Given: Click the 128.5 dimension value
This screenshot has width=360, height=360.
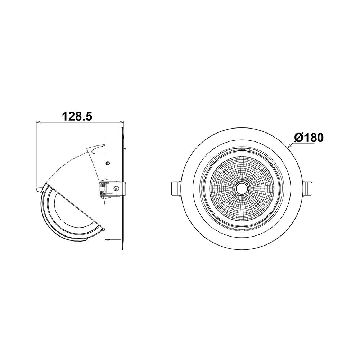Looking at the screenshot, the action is tap(77, 116).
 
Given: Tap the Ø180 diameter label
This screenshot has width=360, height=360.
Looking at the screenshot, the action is tap(309, 138).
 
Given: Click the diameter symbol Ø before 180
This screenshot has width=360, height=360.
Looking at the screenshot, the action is tap(298, 138).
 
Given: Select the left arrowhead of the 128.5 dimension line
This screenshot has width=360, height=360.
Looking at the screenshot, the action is tap(39, 122).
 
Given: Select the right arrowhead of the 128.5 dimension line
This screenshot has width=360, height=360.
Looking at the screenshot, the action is tap(122, 122).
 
